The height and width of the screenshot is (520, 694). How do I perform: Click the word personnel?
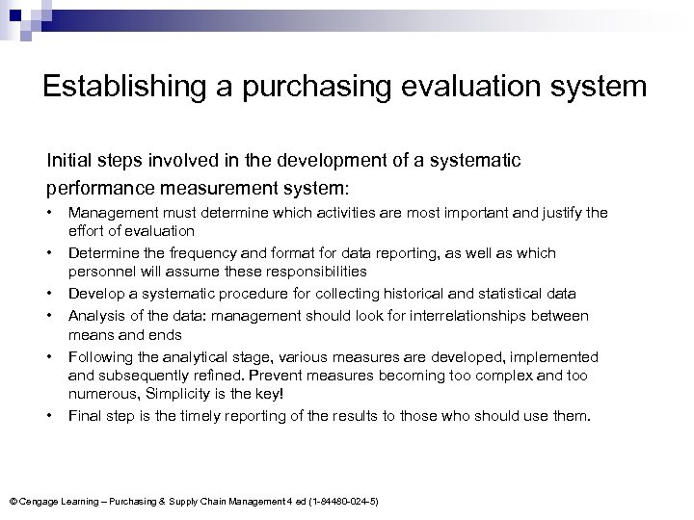pyautogui.click(x=98, y=272)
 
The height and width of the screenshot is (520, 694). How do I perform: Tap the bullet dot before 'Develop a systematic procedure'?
pyautogui.click(x=47, y=293)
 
